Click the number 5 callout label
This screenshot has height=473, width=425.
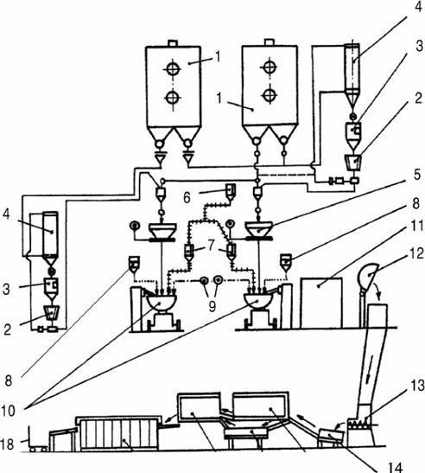point(416,175)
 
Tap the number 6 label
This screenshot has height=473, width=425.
point(187,198)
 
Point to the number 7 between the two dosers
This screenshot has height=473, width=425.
point(211,246)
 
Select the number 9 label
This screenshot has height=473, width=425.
point(212,306)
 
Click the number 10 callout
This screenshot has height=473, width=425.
point(8,411)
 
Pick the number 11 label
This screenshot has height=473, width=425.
point(417,226)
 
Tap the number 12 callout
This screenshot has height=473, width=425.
point(417,253)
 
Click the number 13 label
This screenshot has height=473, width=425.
point(417,385)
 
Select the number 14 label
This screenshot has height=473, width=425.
point(396,467)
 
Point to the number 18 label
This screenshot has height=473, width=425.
point(7,444)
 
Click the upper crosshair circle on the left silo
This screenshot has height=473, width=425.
point(172,69)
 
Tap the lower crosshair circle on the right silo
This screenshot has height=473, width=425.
point(270,95)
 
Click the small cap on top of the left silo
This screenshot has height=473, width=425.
point(173,43)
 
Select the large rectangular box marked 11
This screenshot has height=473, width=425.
point(321,303)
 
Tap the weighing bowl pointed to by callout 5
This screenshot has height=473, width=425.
point(259,229)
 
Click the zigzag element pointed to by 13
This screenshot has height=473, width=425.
point(358,424)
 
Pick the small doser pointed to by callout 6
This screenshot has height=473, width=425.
point(232,192)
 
